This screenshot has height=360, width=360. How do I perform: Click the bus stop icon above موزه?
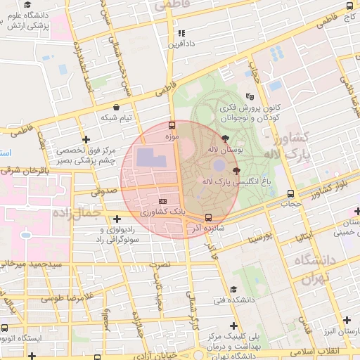[x=172, y=125]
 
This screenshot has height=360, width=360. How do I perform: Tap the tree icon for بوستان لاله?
[x=224, y=139]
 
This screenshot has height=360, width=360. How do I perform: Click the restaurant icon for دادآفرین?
[x=181, y=33]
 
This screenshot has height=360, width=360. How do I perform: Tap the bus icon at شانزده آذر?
[x=207, y=217]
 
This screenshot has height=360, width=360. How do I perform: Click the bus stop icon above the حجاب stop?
[x=290, y=194]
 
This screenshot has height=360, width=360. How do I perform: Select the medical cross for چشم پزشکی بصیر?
[x=86, y=140]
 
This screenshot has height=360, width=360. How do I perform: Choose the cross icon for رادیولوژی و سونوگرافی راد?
[x=117, y=219]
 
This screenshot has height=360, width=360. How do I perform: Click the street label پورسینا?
[x=258, y=238]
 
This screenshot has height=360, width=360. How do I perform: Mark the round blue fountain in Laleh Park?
[x=219, y=165]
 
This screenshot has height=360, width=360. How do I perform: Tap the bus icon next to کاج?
[x=349, y=6]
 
